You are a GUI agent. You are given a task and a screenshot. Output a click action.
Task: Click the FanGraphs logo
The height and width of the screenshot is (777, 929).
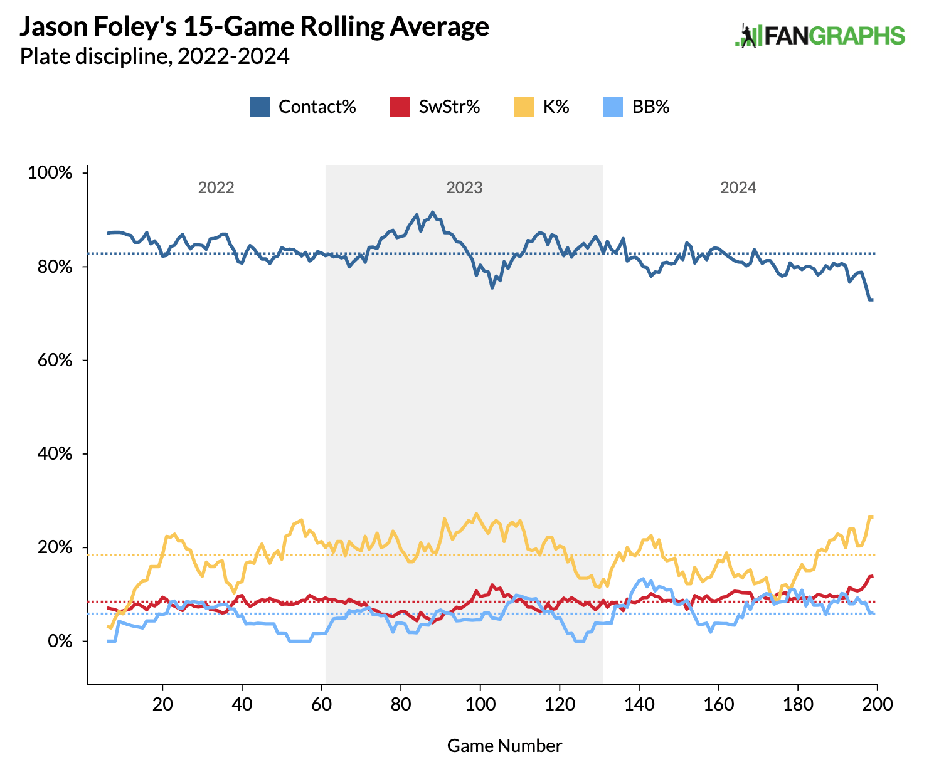click(820, 36)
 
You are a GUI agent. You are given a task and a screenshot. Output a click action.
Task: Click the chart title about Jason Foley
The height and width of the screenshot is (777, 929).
click(255, 27)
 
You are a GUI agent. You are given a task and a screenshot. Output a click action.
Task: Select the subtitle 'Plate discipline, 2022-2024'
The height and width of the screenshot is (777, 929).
click(154, 57)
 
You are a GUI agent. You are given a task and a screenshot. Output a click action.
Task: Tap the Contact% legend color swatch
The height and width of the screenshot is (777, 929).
click(260, 107)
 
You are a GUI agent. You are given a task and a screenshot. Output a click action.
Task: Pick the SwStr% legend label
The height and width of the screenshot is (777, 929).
click(449, 107)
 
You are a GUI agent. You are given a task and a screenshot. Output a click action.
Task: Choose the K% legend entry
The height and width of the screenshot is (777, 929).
click(556, 107)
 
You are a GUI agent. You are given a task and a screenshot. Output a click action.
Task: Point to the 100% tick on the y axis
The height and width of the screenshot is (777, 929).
click(50, 173)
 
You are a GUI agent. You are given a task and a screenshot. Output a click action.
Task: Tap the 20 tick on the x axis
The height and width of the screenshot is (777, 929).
click(163, 704)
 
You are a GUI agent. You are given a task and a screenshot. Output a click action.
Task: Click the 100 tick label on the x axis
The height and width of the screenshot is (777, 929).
click(480, 704)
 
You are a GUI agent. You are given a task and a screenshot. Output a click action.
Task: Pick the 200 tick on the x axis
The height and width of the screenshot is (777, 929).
click(877, 704)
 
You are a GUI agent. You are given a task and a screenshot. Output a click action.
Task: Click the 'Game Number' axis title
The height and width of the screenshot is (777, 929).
click(504, 746)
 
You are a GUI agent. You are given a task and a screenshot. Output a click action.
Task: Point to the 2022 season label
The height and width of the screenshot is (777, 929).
click(216, 188)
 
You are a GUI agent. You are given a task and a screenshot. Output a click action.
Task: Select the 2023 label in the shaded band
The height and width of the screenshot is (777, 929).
click(464, 188)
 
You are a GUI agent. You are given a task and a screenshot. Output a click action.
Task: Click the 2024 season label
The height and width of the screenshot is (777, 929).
click(738, 188)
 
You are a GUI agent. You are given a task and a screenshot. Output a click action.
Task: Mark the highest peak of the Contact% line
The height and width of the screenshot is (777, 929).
click(433, 212)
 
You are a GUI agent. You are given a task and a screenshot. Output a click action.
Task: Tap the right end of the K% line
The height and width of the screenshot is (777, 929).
click(872, 517)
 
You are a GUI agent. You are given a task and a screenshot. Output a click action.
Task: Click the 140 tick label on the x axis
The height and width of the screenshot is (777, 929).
click(639, 704)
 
